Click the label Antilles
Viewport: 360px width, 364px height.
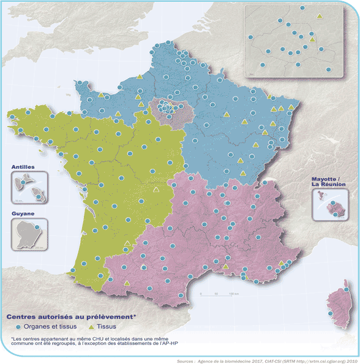[23, 166]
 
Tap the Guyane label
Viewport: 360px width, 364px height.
[22, 214]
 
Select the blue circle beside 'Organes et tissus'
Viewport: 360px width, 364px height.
[9, 327]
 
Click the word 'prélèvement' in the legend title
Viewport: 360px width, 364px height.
[109, 318]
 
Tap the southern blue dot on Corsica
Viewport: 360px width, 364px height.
[330, 314]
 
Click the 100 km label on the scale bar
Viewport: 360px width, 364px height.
[233, 294]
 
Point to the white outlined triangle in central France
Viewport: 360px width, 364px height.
[156, 190]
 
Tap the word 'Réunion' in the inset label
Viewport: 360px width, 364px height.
[332, 184]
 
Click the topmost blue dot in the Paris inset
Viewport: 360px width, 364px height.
[302, 7]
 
